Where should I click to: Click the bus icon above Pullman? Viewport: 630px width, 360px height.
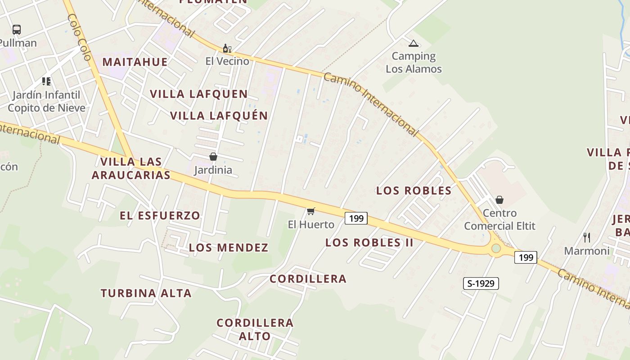coord(17,30)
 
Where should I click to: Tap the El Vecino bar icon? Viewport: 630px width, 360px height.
coord(227,49)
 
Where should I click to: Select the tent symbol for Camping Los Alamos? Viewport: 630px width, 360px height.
coord(414,44)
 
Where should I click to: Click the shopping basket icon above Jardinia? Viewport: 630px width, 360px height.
coord(213,157)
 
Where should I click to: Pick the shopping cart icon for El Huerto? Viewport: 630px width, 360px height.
coord(310,211)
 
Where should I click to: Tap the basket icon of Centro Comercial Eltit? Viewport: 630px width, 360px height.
coord(499,199)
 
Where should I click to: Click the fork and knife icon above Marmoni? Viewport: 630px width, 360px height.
coord(587,237)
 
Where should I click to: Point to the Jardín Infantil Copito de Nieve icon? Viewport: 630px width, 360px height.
coord(46,81)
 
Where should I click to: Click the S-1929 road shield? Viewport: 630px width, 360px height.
coord(481,283)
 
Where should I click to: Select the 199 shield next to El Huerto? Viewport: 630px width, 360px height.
coord(356,219)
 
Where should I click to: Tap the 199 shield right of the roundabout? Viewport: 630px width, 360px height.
coord(526,257)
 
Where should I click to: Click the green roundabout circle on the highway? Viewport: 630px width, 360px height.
coord(496,248)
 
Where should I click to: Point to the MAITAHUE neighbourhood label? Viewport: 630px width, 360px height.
coord(135,62)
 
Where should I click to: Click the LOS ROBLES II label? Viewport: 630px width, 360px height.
coord(369,243)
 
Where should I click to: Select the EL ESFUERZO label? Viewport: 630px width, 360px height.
coord(160,216)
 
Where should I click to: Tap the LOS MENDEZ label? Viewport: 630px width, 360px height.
coord(229,247)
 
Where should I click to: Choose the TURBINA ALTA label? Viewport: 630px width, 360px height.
coord(146,293)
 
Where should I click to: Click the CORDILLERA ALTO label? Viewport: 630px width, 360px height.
coord(255,329)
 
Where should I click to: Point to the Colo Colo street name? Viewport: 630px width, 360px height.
coord(80,37)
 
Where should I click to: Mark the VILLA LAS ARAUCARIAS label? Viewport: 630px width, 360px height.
coord(131,168)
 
